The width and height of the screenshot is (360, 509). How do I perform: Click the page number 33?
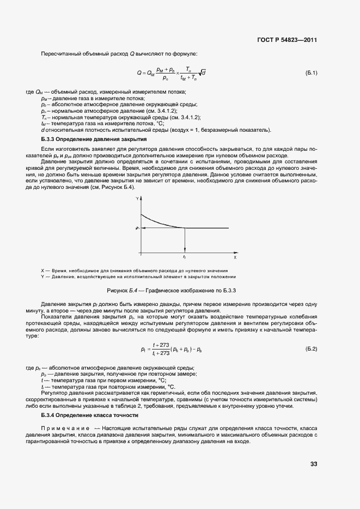pyautogui.click(x=314, y=464)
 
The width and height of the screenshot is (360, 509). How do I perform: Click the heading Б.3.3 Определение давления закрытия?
pyautogui.click(x=87, y=139)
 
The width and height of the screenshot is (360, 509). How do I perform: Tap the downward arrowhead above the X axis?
pyautogui.click(x=185, y=249)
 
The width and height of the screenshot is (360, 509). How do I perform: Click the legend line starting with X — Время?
pyautogui.click(x=135, y=271)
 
